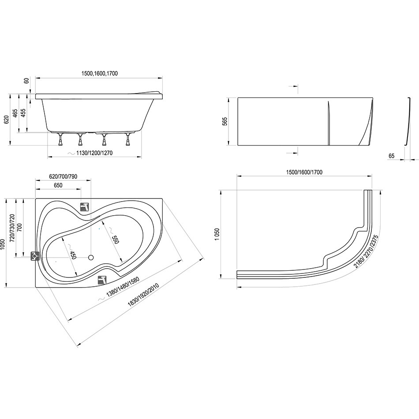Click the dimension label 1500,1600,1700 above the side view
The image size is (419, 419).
99,73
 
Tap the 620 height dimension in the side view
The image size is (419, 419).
7,120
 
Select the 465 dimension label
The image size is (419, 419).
15,113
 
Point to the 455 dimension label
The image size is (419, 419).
23,113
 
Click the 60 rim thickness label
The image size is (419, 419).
26,80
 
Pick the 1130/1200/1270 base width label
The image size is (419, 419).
94,153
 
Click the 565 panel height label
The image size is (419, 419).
225,121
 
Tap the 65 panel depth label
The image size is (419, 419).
391,156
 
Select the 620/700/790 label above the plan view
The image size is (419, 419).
64,176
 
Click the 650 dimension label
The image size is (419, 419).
58,185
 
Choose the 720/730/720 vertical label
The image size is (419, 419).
12,228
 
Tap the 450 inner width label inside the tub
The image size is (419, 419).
73,254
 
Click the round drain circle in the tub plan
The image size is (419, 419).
91,257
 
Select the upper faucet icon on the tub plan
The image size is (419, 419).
85,207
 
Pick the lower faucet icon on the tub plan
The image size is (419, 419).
102,280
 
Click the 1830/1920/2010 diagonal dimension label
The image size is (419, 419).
143,295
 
